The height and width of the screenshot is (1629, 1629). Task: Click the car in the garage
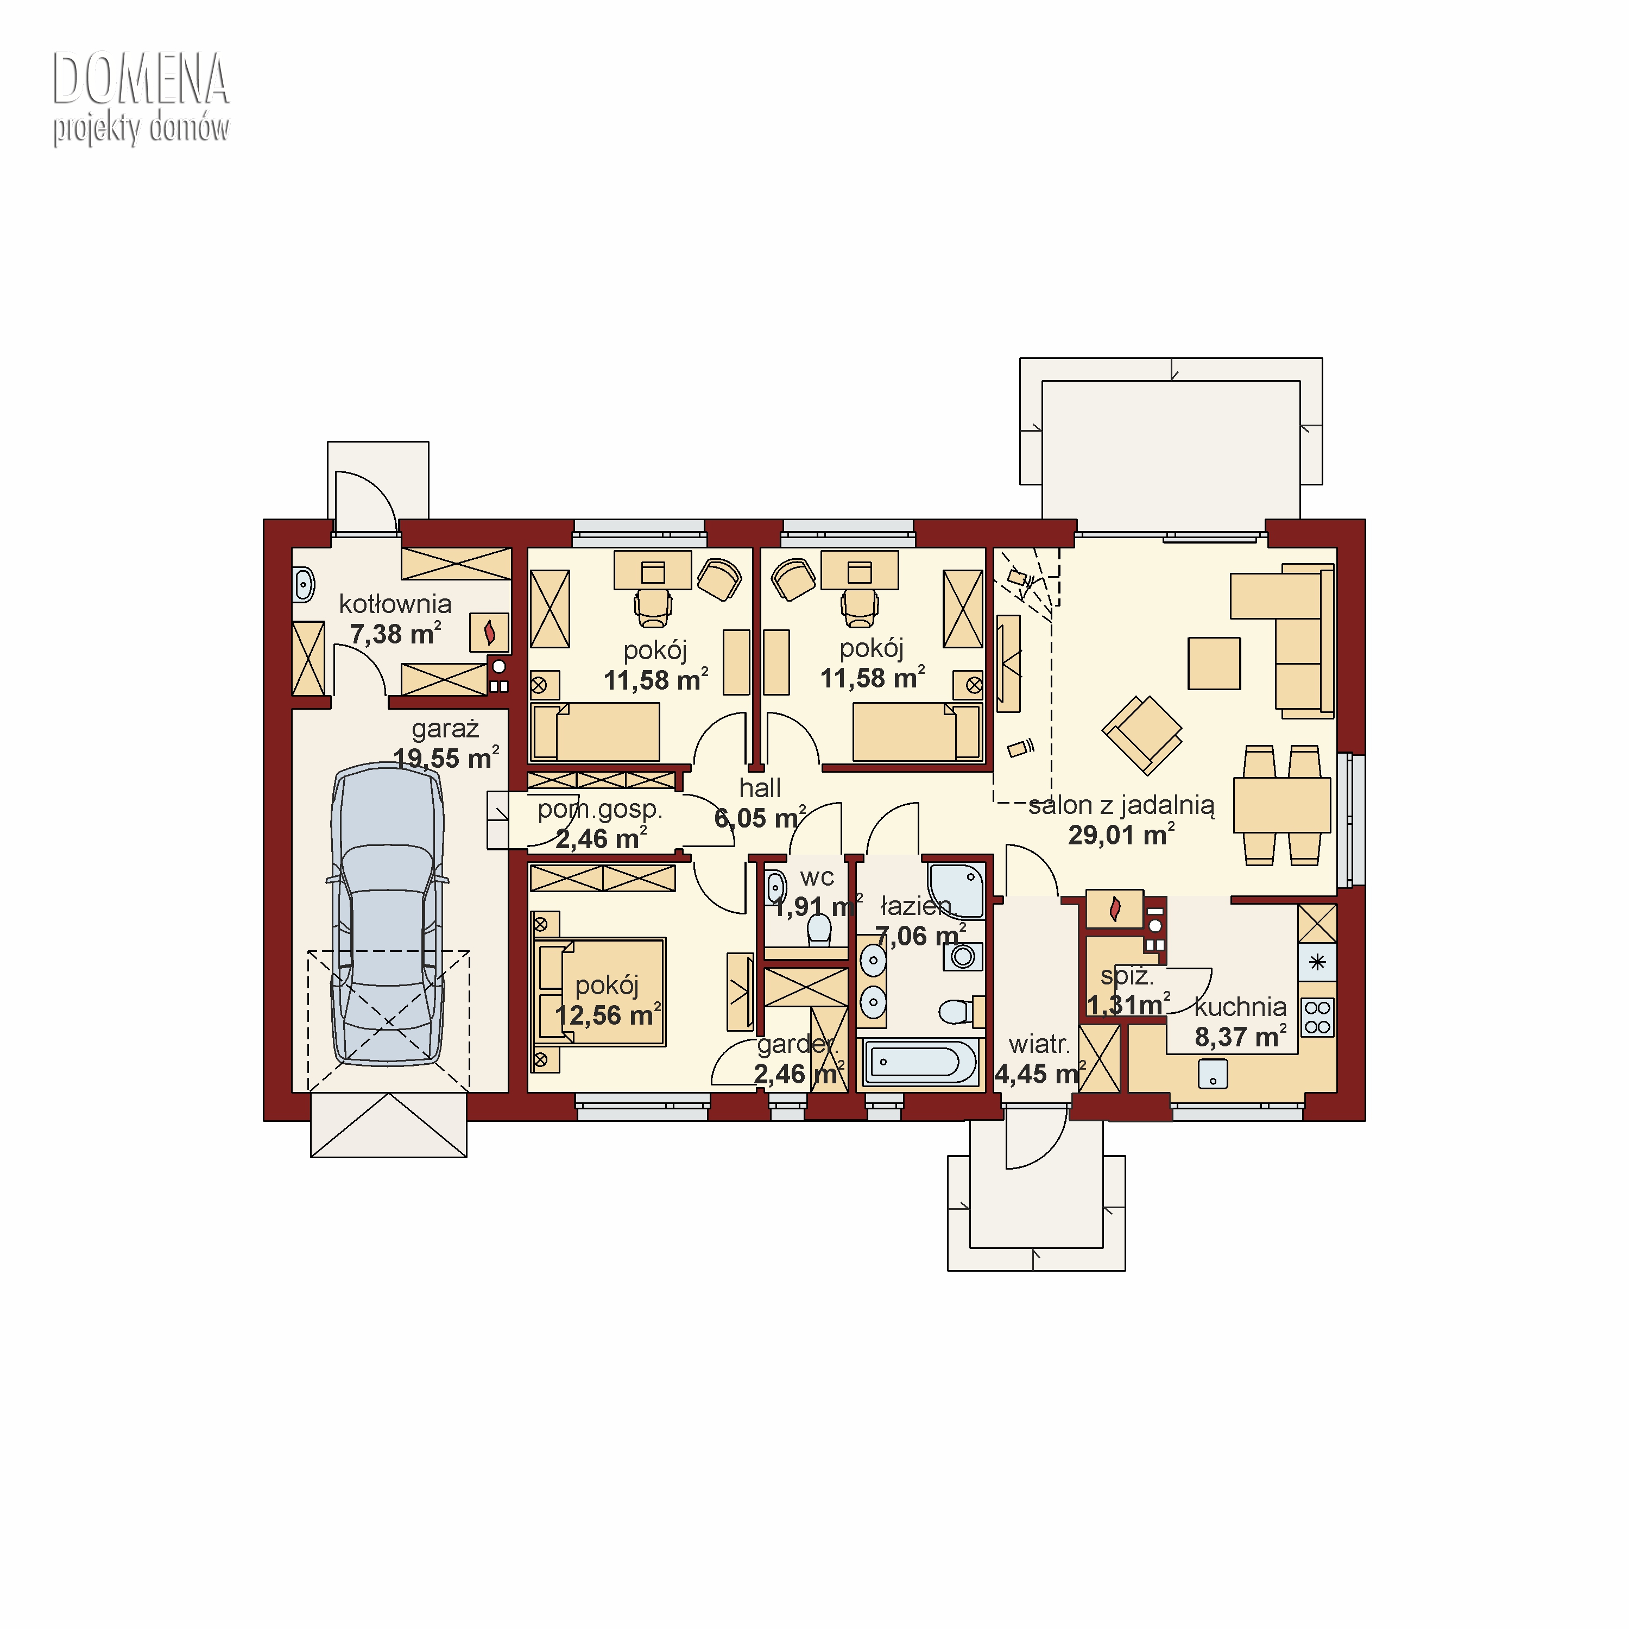click(x=387, y=915)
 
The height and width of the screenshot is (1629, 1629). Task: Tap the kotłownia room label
click(x=395, y=604)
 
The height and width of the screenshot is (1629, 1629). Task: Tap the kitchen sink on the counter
click(x=1213, y=1074)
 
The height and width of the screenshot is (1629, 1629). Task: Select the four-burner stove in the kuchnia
click(x=1318, y=1017)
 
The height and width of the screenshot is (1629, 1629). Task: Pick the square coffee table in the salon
click(x=1214, y=664)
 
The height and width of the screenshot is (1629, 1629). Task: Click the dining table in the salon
click(x=1281, y=805)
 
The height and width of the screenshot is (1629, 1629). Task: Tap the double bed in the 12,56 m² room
click(x=601, y=993)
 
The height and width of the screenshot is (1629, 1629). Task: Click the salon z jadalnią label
click(x=1121, y=805)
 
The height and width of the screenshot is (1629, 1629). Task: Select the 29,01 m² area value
click(x=1121, y=835)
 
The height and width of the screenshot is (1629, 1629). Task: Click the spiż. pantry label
click(x=1127, y=976)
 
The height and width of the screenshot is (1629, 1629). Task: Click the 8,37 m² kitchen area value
click(x=1240, y=1036)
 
